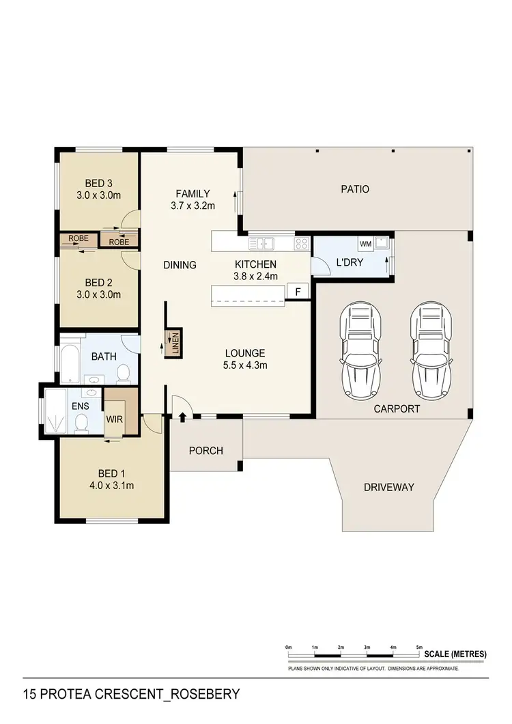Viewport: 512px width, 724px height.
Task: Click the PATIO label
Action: point(355,189)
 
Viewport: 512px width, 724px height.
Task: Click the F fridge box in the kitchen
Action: point(298,292)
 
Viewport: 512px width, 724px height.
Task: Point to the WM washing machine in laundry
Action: point(364,243)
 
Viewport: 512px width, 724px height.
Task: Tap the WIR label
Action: point(113,419)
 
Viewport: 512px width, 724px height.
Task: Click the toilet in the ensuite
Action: point(81,424)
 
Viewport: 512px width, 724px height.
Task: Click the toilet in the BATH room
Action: point(124,373)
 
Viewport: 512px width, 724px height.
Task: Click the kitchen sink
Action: point(262,242)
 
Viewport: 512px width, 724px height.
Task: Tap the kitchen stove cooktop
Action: point(302,242)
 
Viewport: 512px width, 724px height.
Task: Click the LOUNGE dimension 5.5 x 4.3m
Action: point(245,365)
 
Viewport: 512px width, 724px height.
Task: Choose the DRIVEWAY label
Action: point(389,487)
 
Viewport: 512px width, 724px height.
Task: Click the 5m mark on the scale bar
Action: point(419,647)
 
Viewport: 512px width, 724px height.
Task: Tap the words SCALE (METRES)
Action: point(455,654)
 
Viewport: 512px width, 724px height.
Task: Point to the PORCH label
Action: point(205,450)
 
